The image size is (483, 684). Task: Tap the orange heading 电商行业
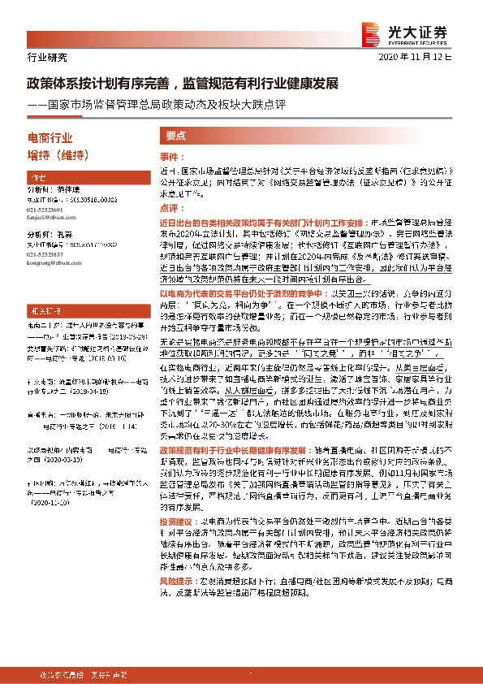[x=50, y=138]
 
